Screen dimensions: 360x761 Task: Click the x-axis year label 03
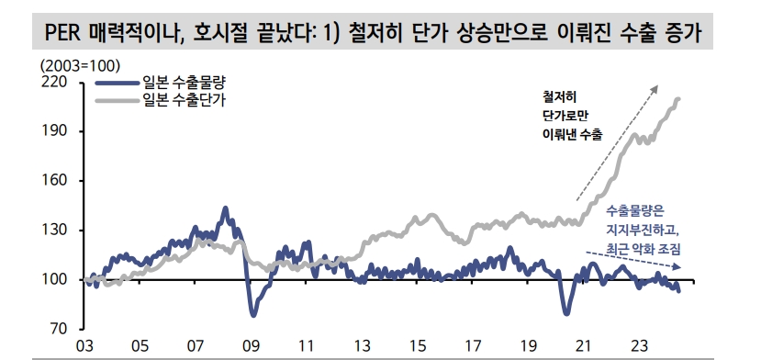click(84, 347)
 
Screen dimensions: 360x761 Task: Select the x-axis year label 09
click(251, 347)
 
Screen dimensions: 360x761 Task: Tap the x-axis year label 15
click(418, 347)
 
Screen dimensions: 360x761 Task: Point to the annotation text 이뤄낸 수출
click(572, 135)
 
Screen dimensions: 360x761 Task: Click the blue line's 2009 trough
click(254, 315)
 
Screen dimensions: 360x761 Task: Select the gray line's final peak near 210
click(678, 99)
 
